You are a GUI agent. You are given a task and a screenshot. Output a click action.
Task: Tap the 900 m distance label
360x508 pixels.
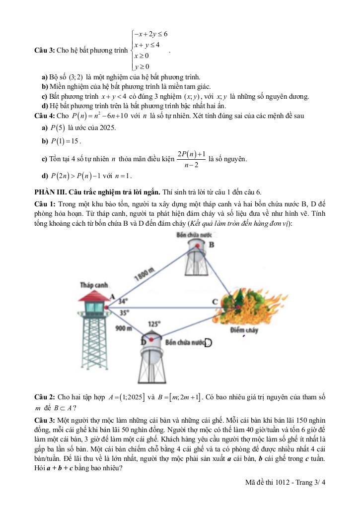(123, 328)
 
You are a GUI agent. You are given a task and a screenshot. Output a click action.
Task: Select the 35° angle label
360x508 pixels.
(125, 313)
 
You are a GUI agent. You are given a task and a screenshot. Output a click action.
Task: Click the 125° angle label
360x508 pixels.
(153, 324)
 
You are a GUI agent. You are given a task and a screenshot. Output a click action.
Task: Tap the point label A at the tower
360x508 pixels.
(112, 297)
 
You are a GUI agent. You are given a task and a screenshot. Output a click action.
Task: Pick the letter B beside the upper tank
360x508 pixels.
(212, 245)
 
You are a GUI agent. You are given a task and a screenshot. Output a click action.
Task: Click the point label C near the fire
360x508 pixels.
(215, 301)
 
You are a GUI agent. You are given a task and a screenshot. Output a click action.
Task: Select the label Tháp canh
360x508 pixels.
(94, 285)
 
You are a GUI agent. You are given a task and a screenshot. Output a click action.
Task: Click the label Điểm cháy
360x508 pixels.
(244, 329)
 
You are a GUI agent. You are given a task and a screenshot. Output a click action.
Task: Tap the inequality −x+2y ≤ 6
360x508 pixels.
(151, 34)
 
